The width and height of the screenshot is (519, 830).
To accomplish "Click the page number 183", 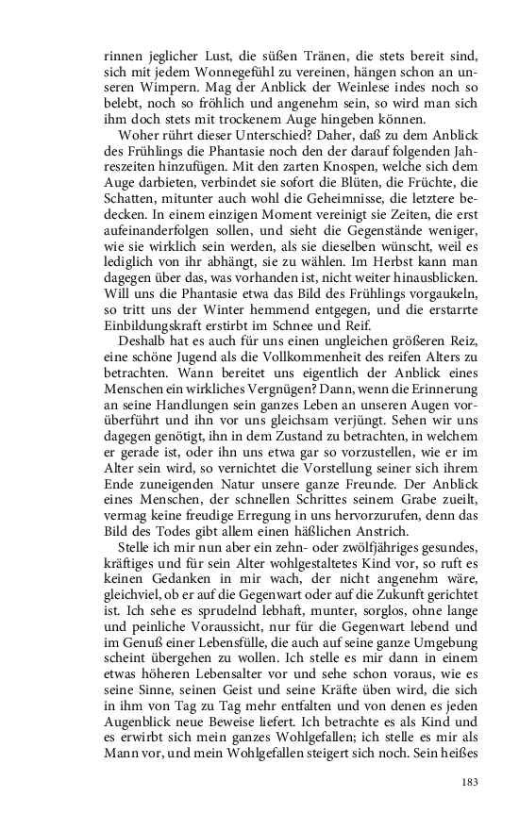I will tap(472, 782).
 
